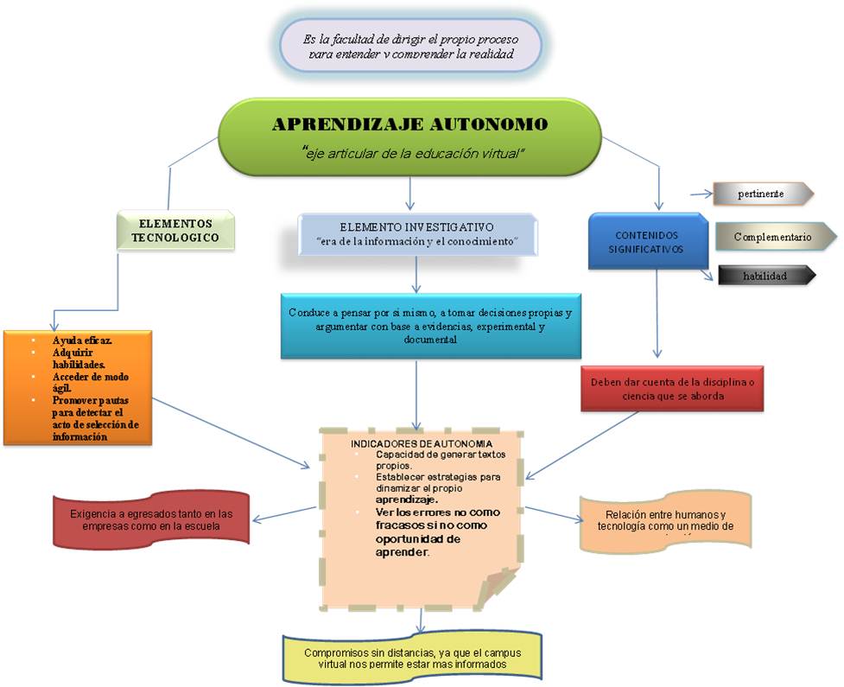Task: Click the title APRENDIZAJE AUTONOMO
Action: tap(409, 124)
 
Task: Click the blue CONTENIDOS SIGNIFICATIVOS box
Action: tap(647, 241)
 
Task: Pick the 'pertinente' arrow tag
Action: tap(761, 194)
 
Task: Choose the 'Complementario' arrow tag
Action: tap(773, 237)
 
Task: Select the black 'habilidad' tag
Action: tap(765, 276)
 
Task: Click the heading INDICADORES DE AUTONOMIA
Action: tap(422, 443)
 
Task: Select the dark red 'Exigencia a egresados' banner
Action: tap(151, 519)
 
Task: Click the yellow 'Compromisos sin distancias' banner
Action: tap(411, 658)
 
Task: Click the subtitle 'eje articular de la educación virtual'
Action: tap(415, 153)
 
